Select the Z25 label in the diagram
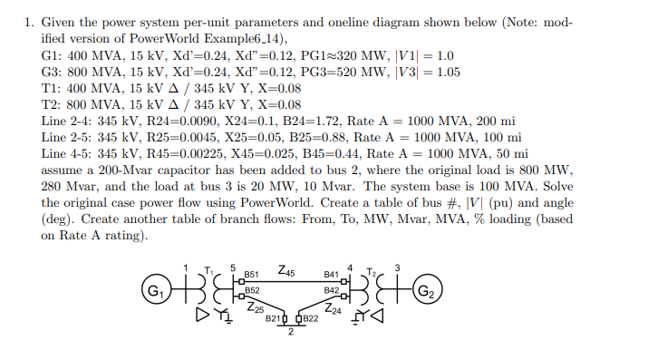click(256, 309)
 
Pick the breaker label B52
click(252, 290)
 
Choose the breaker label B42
click(331, 290)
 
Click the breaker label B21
click(274, 319)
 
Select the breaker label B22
click(310, 319)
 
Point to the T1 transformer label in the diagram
click(208, 269)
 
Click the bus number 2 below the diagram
click(291, 331)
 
